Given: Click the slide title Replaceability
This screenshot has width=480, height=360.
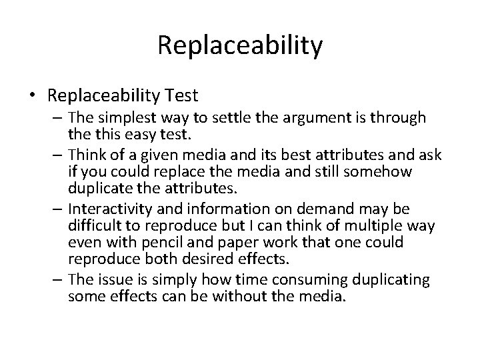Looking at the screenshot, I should [240, 45].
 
